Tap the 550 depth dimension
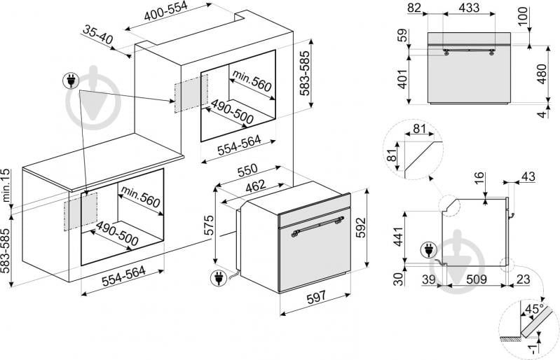pos(247,170)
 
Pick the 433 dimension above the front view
pos(470,8)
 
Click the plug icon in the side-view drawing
pos(427,250)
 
